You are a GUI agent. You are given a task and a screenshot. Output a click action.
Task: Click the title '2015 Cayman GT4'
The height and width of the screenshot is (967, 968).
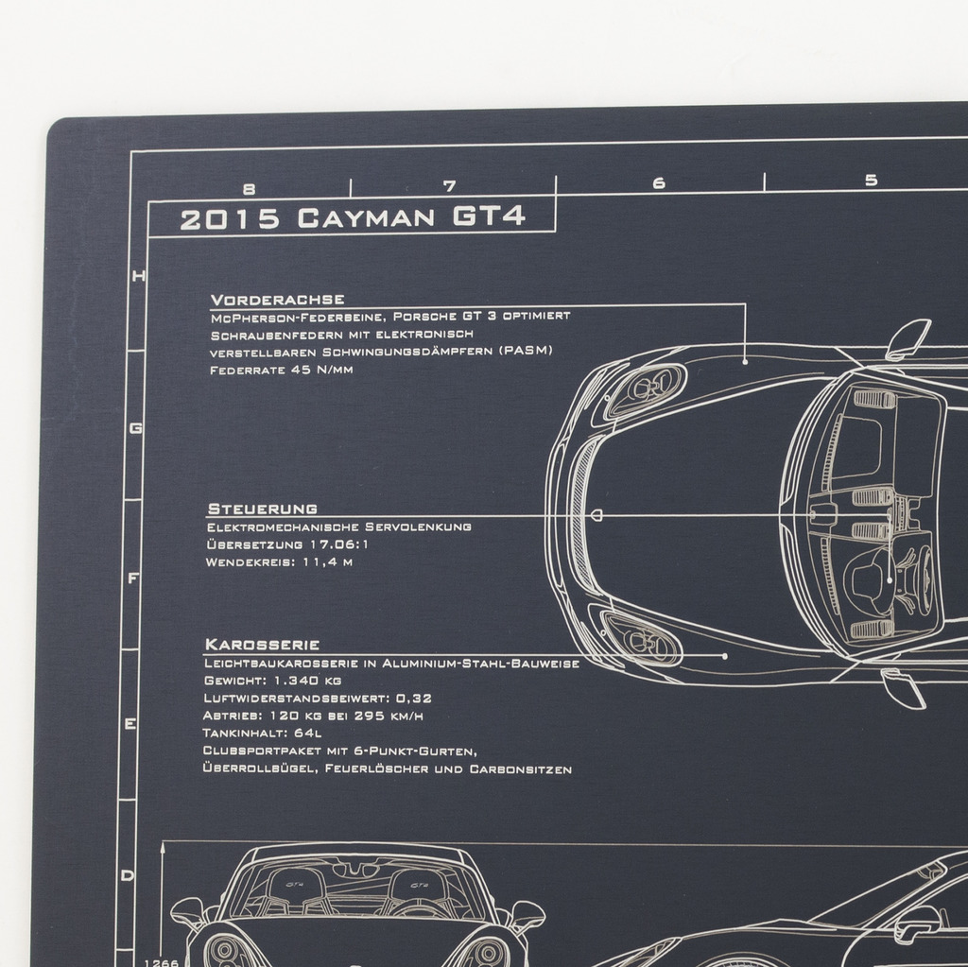click(x=353, y=218)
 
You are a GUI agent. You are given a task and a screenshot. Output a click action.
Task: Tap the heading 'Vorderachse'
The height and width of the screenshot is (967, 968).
click(x=277, y=300)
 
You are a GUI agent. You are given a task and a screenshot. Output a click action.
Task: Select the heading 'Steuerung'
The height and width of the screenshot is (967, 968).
click(x=263, y=509)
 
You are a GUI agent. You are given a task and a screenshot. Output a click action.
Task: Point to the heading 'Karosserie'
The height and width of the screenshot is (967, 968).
click(x=262, y=645)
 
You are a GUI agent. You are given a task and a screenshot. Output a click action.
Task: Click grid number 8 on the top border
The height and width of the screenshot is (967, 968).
click(x=249, y=189)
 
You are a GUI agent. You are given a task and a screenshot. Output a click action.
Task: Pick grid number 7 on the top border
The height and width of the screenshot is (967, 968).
click(x=450, y=186)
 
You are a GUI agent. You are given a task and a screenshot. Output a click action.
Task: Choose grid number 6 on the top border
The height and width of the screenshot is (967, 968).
click(x=659, y=182)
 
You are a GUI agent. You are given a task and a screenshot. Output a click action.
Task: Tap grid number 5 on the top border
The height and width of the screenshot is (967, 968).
click(x=871, y=180)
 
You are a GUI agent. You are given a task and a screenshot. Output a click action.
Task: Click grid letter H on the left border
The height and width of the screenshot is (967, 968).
click(x=139, y=276)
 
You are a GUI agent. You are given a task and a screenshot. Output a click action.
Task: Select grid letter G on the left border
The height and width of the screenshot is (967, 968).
click(x=136, y=428)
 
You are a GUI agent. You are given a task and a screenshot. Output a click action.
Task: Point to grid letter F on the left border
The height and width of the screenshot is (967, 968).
click(x=132, y=578)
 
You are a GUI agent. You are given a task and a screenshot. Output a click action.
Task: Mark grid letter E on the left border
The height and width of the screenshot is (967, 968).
click(x=130, y=724)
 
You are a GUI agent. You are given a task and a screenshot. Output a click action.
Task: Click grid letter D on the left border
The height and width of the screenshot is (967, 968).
click(x=128, y=875)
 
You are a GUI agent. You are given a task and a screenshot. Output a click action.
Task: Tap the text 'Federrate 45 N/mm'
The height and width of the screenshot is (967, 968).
click(x=282, y=370)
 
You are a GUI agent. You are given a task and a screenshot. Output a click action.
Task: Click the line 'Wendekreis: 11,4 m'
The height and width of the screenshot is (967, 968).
click(x=279, y=561)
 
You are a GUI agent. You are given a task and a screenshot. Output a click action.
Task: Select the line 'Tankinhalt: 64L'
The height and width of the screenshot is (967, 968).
click(x=262, y=733)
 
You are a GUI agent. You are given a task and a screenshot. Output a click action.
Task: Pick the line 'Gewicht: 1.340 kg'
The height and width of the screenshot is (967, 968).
click(x=272, y=681)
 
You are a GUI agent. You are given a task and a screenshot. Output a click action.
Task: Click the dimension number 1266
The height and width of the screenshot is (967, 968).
click(x=161, y=962)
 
